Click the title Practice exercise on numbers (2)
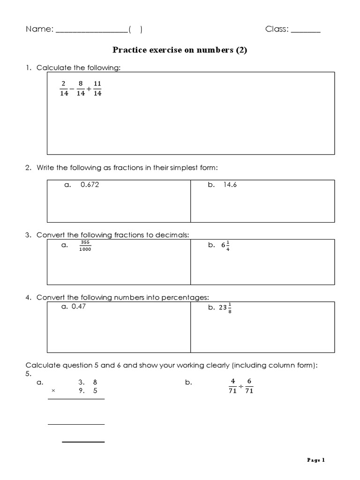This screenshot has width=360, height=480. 180,50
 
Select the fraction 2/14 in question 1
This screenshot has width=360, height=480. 64,89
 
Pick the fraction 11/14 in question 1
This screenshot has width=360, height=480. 97,89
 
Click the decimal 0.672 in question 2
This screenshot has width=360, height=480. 90,185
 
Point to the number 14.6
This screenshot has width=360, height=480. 230,185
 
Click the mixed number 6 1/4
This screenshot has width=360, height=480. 225,246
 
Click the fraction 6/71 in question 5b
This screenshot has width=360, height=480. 249,387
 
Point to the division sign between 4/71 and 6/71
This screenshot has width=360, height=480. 241,387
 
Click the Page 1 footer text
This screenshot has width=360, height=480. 316,460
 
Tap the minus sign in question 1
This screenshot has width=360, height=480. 72,89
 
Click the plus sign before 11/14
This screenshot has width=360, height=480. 89,89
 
